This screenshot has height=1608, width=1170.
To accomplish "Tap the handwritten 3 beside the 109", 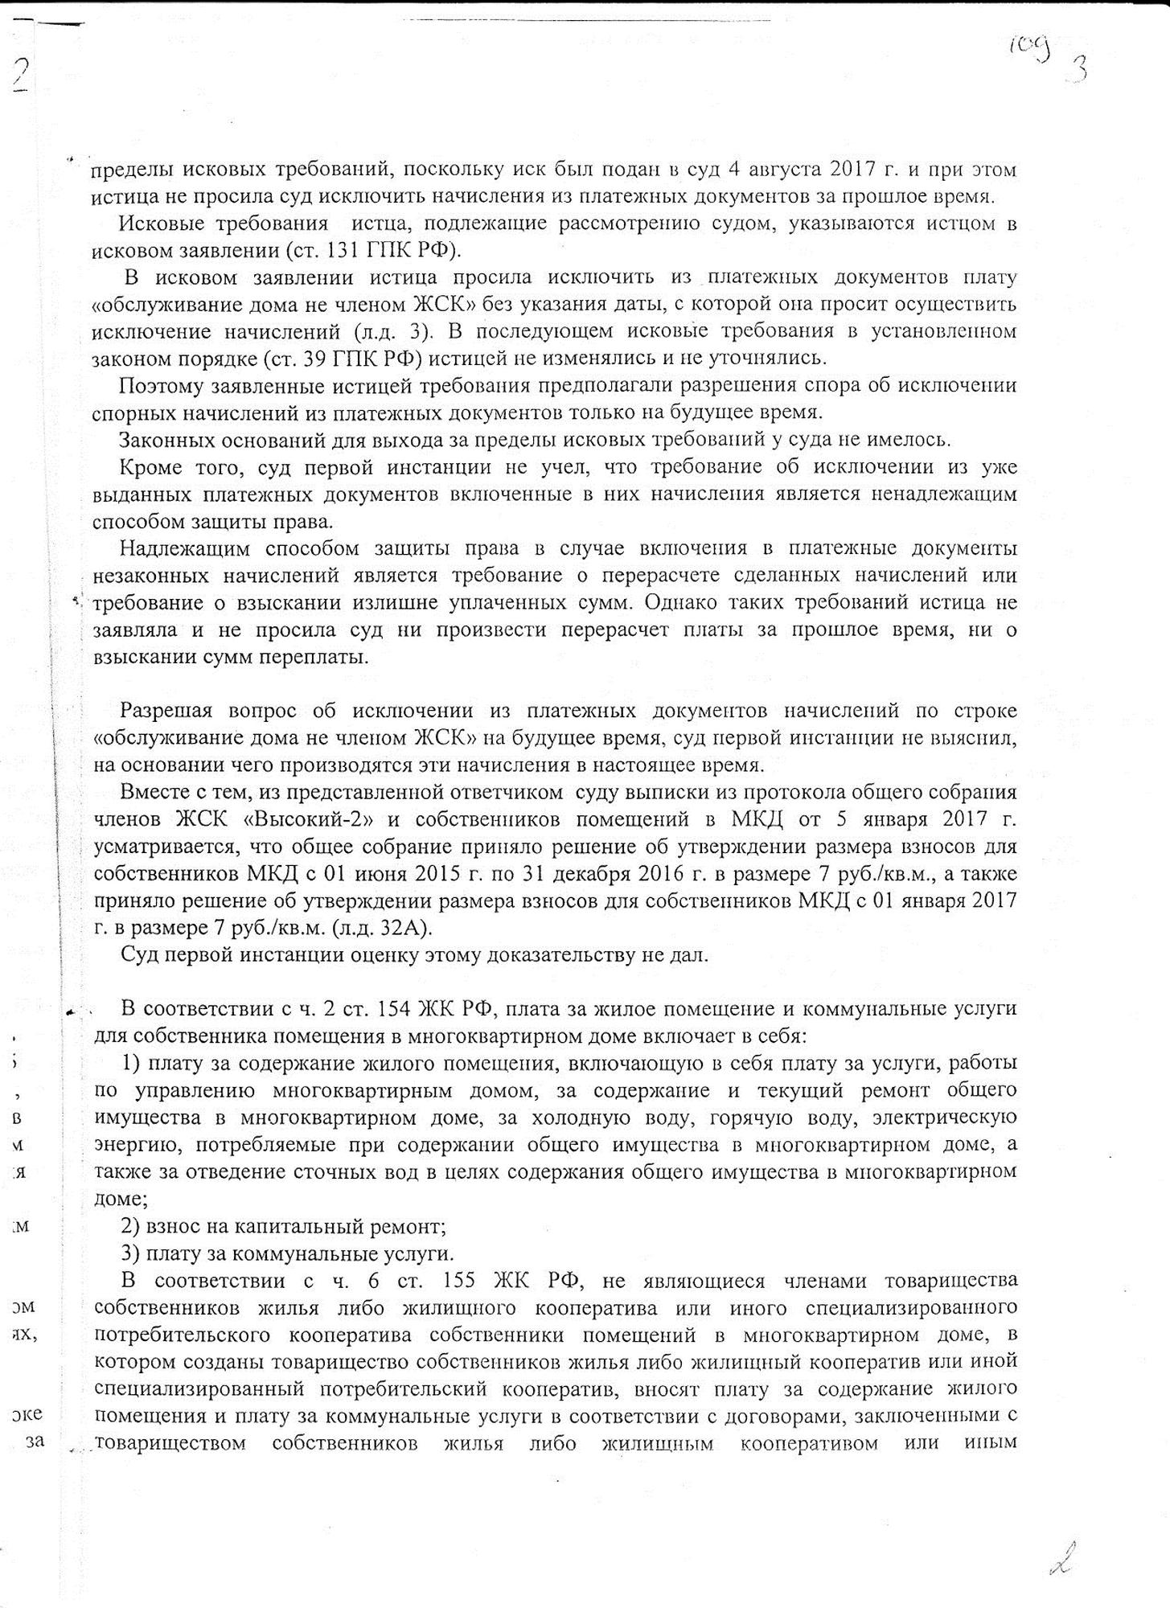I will tap(1075, 70).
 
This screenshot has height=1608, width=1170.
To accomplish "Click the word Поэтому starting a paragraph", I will tap(158, 385).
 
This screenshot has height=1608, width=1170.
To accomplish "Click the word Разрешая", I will tap(166, 711).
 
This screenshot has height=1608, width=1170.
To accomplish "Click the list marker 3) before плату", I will tap(131, 1253).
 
